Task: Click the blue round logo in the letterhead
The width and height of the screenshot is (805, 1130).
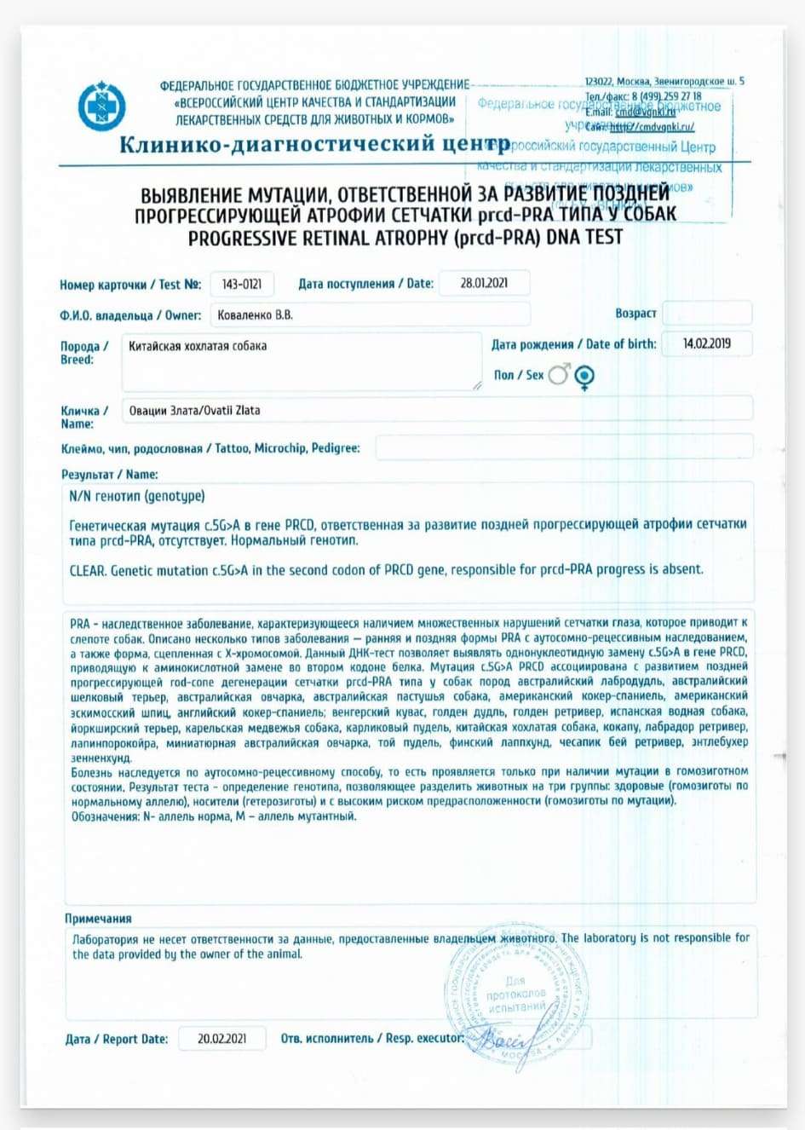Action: pyautogui.click(x=102, y=107)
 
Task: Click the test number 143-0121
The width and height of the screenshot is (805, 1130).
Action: pyautogui.click(x=242, y=284)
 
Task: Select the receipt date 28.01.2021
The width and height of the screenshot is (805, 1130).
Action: pyautogui.click(x=484, y=283)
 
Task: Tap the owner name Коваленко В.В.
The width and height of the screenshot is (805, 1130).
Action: pyautogui.click(x=256, y=314)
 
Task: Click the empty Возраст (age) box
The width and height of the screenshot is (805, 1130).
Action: pyautogui.click(x=706, y=313)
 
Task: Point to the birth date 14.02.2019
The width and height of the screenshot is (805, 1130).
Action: pyautogui.click(x=706, y=343)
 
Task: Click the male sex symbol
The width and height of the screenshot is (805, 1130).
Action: pyautogui.click(x=559, y=374)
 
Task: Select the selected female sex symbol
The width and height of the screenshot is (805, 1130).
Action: pyautogui.click(x=584, y=376)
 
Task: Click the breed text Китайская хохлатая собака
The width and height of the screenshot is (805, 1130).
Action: pyautogui.click(x=198, y=346)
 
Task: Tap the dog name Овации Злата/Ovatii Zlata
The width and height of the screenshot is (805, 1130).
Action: pyautogui.click(x=195, y=410)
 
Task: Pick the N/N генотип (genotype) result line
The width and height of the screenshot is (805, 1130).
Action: pyautogui.click(x=137, y=496)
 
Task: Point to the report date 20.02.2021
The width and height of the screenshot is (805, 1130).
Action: pyautogui.click(x=222, y=1039)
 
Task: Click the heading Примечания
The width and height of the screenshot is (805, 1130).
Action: pyautogui.click(x=98, y=919)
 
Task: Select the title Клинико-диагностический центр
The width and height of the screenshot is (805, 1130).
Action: pyautogui.click(x=314, y=144)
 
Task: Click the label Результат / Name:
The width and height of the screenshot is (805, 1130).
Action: pyautogui.click(x=110, y=474)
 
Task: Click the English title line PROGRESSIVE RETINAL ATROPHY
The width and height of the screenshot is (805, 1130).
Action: pyautogui.click(x=405, y=237)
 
